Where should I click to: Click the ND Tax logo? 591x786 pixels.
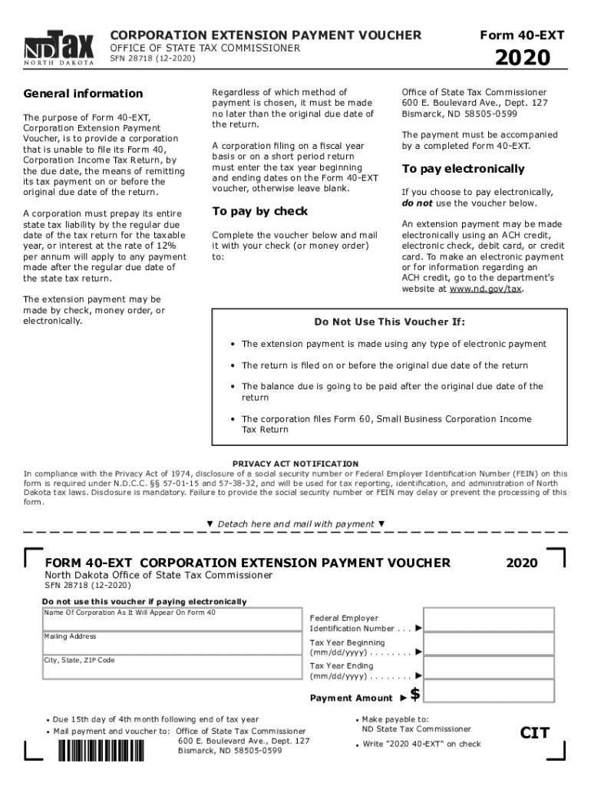tap(59, 48)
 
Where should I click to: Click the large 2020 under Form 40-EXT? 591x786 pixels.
tap(522, 58)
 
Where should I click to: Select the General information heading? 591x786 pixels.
tap(83, 94)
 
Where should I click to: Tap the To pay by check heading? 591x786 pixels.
tap(259, 211)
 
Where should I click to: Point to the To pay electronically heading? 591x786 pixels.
tap(463, 169)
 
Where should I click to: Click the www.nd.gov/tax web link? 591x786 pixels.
tap(486, 289)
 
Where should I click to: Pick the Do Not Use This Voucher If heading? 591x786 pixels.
tap(389, 322)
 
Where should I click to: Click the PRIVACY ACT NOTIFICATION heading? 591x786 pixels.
tap(295, 464)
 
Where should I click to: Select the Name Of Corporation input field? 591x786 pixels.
tap(171, 623)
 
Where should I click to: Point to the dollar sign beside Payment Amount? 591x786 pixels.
tap(415, 695)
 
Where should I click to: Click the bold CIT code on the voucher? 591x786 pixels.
tap(535, 732)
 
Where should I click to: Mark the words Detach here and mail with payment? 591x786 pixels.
tap(296, 523)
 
